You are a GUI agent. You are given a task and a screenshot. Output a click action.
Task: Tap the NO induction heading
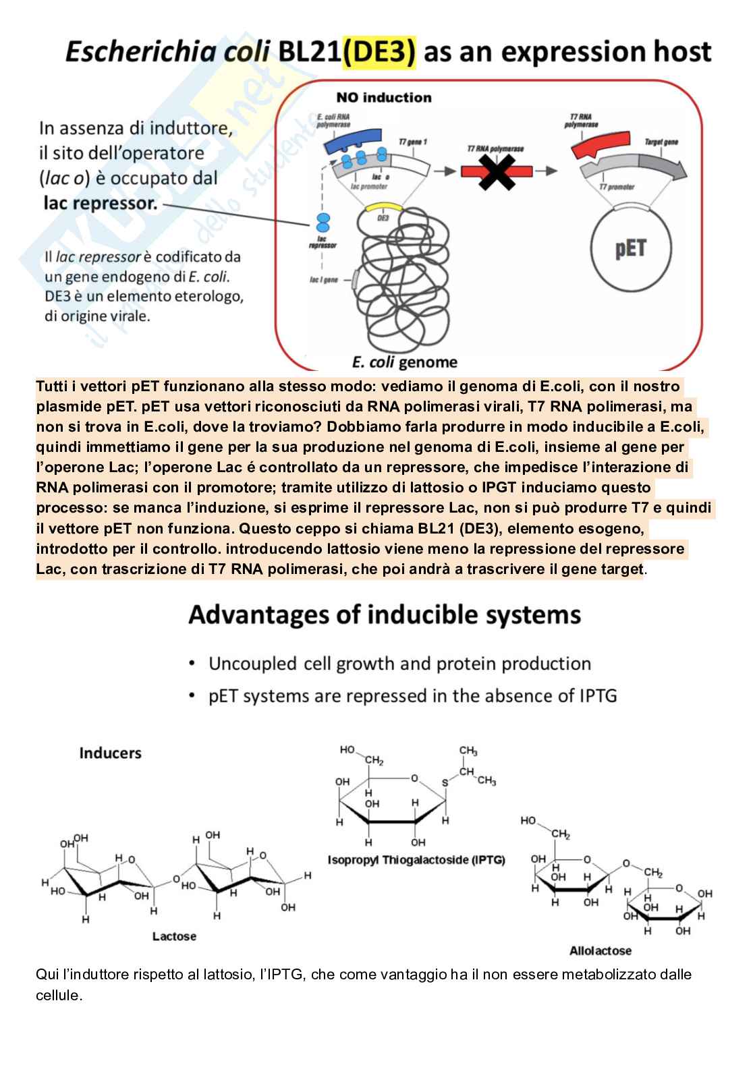coord(383,97)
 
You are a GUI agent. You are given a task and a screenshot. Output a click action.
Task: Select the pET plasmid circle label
coord(630,248)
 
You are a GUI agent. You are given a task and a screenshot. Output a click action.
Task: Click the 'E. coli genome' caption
coord(404,362)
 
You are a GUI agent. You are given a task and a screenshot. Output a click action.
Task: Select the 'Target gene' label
coord(661,142)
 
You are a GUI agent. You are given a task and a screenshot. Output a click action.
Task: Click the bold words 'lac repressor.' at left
coord(100,203)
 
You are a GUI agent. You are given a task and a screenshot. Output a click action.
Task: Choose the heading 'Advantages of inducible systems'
coord(385,614)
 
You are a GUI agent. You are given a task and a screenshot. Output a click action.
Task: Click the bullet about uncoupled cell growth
coord(399,664)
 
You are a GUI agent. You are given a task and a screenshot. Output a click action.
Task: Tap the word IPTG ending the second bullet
coord(596,695)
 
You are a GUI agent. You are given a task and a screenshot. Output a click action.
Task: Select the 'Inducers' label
coord(110,753)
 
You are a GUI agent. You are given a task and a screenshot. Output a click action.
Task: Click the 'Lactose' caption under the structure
coord(174,936)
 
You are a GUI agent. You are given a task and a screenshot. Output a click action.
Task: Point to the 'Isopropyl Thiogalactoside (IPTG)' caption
coord(416,860)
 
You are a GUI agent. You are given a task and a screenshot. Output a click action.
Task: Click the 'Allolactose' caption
coord(601,950)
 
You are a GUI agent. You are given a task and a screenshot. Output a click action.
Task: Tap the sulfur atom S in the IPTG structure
coord(445,783)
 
